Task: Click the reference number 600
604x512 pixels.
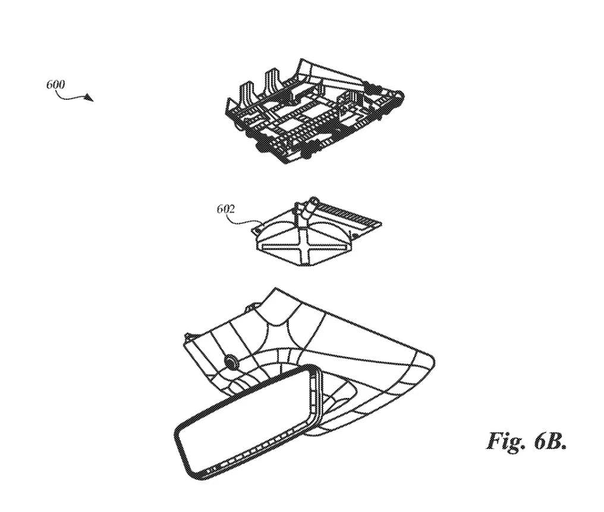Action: (55, 84)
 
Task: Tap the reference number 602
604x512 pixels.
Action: (225, 209)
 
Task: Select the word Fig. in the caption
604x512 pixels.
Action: (505, 441)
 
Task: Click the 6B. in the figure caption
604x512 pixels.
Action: (550, 441)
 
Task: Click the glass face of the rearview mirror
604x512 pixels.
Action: (243, 423)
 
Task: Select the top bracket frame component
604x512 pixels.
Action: (314, 112)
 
